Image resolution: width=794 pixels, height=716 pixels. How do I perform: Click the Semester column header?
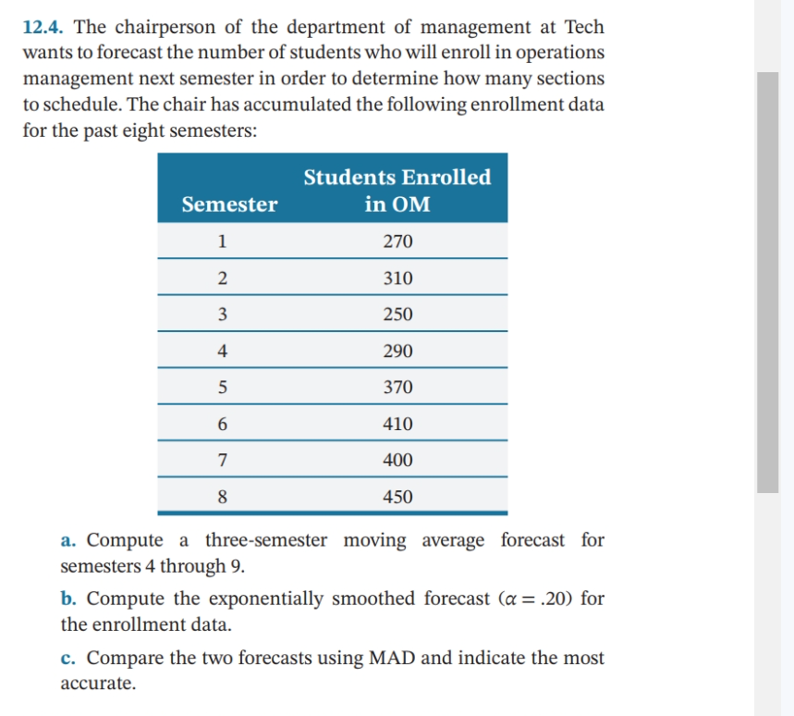(229, 204)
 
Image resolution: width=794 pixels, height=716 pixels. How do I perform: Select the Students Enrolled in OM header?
(397, 191)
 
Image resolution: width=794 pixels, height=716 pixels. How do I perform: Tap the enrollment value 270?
(397, 242)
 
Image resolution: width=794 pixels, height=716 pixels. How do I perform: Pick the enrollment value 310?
(397, 278)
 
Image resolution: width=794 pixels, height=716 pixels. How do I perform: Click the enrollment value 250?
(397, 315)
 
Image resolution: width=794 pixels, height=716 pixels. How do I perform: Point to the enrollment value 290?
(397, 352)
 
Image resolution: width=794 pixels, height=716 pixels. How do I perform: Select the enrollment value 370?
(397, 388)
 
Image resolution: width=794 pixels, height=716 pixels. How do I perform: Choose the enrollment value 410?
(397, 425)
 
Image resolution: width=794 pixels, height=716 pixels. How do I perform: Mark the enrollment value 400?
(397, 460)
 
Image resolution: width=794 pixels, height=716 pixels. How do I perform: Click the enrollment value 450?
(397, 497)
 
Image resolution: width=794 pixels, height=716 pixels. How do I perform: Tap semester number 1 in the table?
(222, 242)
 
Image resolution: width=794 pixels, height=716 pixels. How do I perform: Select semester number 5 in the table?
(222, 388)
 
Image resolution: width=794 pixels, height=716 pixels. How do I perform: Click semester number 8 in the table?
(222, 497)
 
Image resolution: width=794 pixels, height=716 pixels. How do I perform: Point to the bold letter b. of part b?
(69, 599)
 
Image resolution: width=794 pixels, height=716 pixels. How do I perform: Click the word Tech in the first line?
(584, 28)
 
